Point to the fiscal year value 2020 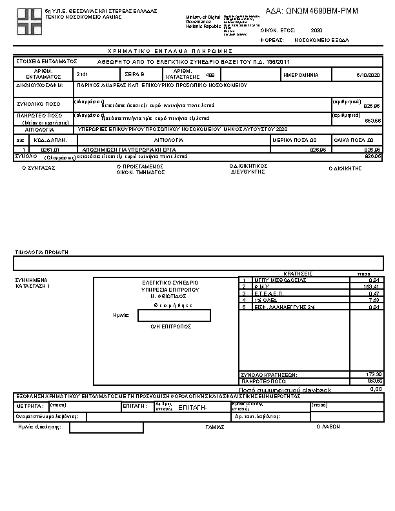(316, 30)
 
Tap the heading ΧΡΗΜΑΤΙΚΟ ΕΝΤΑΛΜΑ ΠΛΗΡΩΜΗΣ (170, 50)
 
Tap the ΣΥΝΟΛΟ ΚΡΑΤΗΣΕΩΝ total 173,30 (374, 374)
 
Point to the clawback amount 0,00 (376, 389)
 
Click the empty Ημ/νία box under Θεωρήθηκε (174, 316)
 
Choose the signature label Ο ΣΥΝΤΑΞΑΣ (39, 167)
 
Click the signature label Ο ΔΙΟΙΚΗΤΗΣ (345, 168)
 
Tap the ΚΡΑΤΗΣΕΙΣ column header (298, 274)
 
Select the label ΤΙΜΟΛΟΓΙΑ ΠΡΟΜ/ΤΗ (41, 252)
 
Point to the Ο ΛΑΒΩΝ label (328, 426)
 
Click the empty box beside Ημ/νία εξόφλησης (106, 428)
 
